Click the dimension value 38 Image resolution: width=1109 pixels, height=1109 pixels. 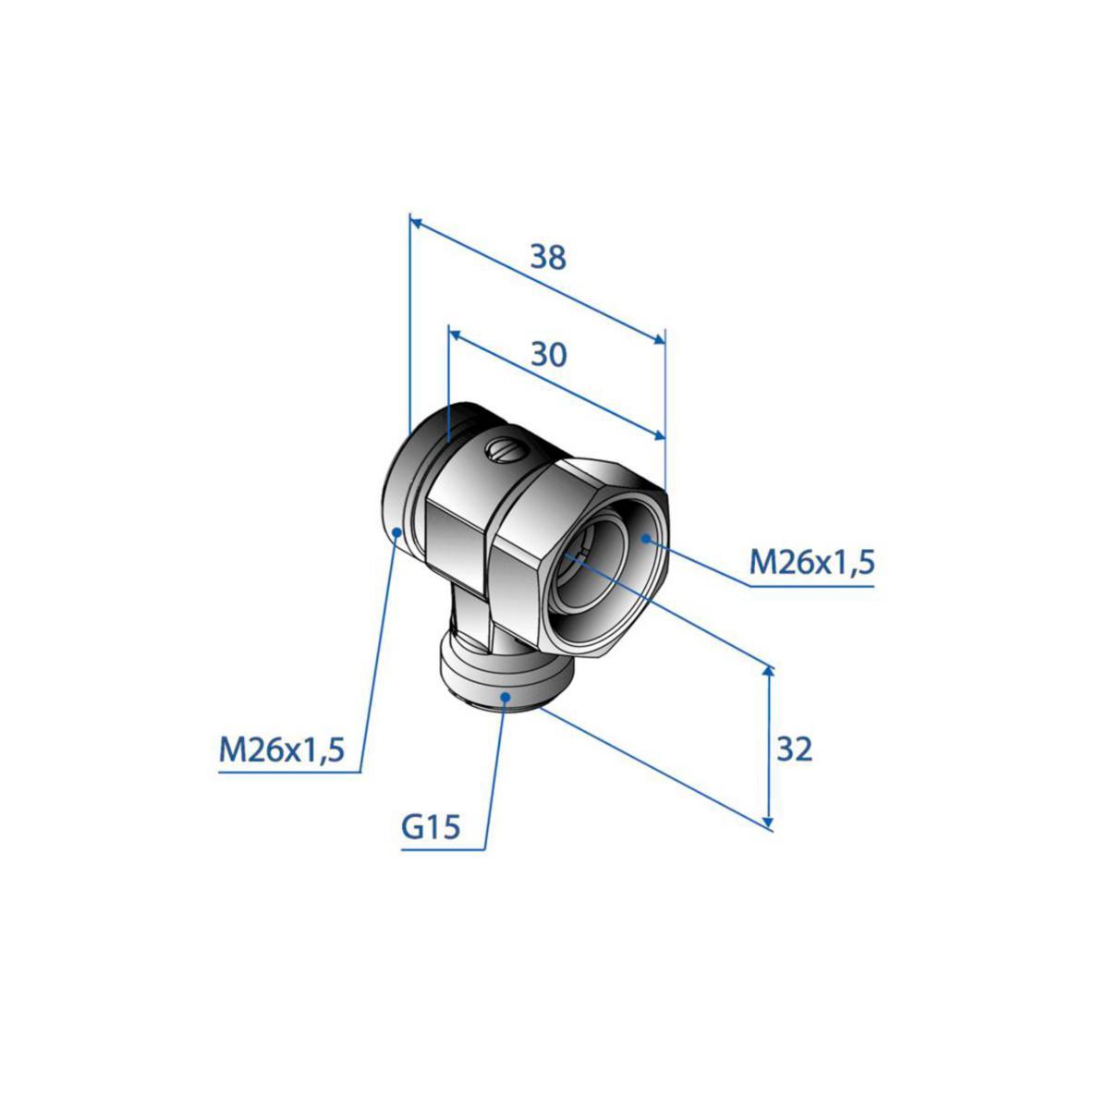(x=548, y=257)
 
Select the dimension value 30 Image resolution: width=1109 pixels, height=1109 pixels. (x=548, y=355)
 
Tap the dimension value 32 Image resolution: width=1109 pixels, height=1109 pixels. (x=794, y=749)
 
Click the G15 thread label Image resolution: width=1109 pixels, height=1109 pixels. (x=431, y=827)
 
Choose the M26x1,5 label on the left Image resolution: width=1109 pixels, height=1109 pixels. (x=282, y=750)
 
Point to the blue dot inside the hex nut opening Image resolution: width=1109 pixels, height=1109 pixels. (x=646, y=538)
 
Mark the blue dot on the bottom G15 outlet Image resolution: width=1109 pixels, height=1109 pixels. (x=506, y=697)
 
